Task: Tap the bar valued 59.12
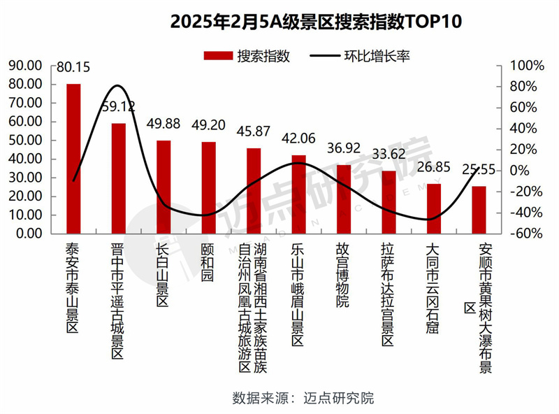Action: [119, 178]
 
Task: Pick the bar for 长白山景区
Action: [164, 187]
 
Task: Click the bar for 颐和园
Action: [209, 187]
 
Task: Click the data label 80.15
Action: [74, 68]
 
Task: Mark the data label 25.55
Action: [479, 170]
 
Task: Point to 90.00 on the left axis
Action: [27, 66]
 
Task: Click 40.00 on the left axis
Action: [27, 159]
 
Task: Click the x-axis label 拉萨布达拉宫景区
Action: [389, 294]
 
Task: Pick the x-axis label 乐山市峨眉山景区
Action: [298, 294]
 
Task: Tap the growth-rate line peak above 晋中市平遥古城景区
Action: [118, 86]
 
